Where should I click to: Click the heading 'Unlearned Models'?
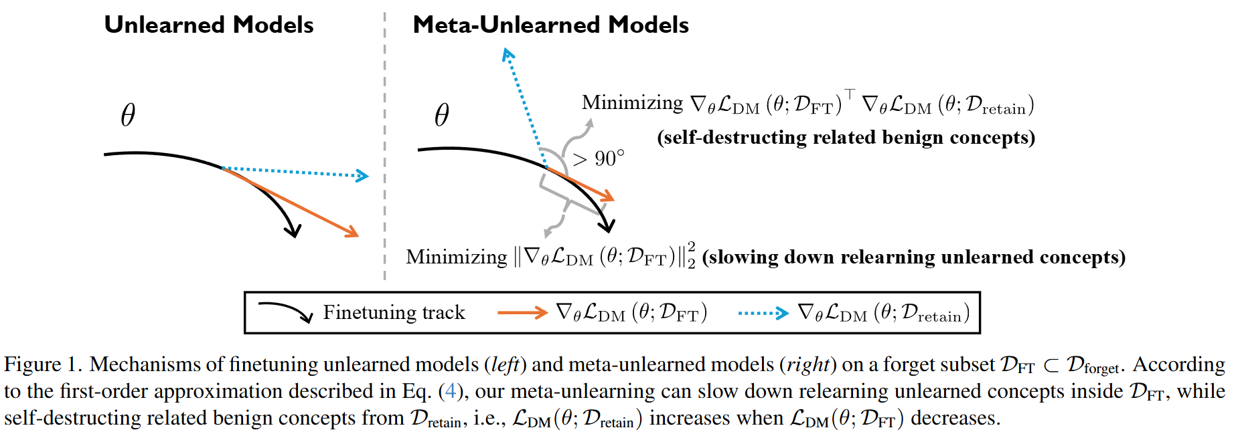coord(208,25)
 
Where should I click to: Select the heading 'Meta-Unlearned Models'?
coord(550,25)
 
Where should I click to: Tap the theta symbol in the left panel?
coord(128,115)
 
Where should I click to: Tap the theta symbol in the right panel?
coord(442,115)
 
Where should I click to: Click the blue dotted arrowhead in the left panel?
coord(363,176)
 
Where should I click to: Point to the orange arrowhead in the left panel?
coord(352,233)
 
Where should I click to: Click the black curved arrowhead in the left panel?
coord(293,231)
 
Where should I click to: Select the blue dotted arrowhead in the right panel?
coord(508,53)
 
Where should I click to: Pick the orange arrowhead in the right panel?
coord(608,197)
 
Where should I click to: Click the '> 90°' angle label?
coord(599,159)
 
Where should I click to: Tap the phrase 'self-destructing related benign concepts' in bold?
coord(846,138)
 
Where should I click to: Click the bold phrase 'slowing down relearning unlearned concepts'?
coord(913,257)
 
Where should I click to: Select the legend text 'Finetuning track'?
coord(394,312)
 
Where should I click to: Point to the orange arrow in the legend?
coord(522,312)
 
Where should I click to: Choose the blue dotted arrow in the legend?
coord(763,312)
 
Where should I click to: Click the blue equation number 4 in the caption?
coord(450,391)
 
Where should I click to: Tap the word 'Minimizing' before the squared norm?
coord(456,257)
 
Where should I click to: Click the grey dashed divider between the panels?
coord(384,147)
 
